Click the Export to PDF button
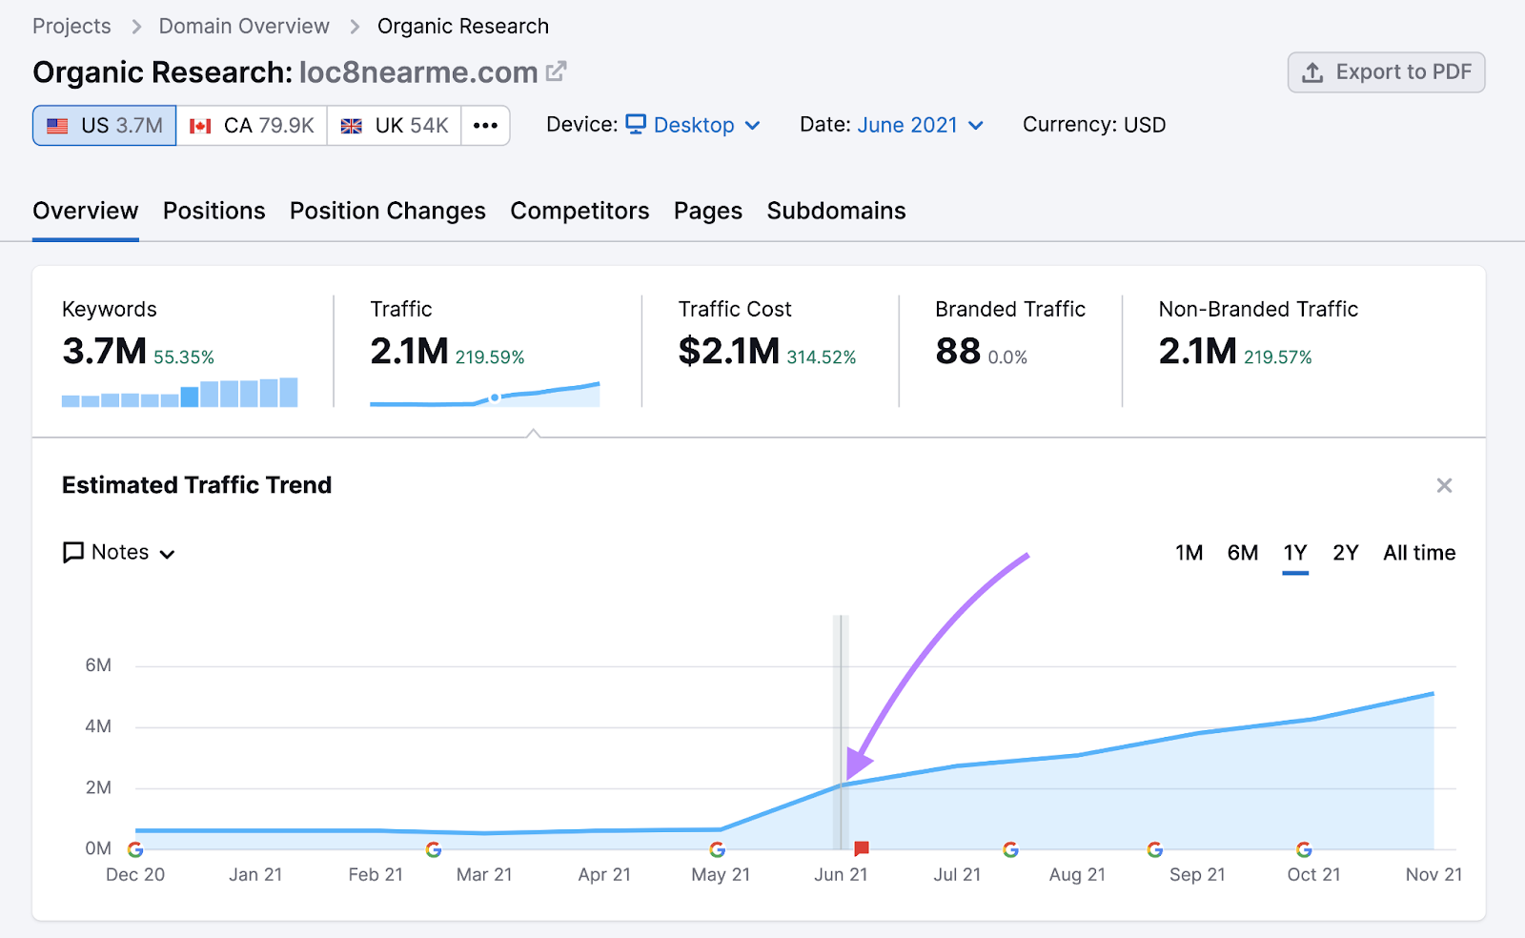click(x=1386, y=72)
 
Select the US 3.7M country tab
click(x=105, y=126)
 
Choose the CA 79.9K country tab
click(x=252, y=126)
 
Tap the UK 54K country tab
click(x=395, y=126)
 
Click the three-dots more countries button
click(x=485, y=126)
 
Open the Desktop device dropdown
click(x=693, y=125)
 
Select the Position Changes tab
click(x=387, y=211)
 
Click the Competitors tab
click(x=579, y=211)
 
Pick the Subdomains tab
click(x=836, y=211)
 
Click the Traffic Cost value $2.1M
click(x=729, y=352)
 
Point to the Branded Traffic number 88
click(x=957, y=352)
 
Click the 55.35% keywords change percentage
click(x=184, y=357)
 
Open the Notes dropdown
click(x=119, y=553)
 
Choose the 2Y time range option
click(x=1345, y=553)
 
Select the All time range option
click(x=1418, y=553)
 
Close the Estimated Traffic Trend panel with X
click(x=1444, y=486)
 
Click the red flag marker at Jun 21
click(x=862, y=847)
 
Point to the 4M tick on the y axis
click(x=98, y=726)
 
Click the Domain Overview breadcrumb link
click(x=244, y=27)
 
